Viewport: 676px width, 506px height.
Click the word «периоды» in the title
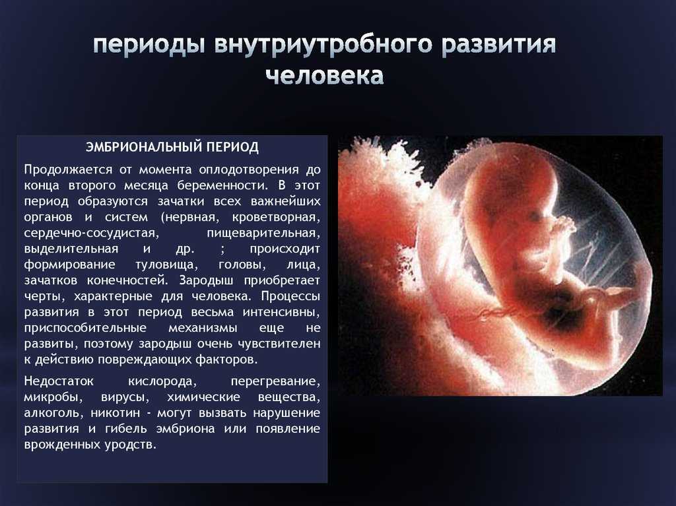149,46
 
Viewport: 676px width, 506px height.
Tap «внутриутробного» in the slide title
323,45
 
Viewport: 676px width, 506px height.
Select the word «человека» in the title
325,75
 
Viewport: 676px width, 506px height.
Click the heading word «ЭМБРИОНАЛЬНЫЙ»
144,147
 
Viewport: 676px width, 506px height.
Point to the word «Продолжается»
68,170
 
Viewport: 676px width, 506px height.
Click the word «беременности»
222,185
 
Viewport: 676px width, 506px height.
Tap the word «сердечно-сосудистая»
91,233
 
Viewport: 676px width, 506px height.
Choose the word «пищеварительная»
263,233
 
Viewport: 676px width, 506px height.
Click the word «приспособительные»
85,328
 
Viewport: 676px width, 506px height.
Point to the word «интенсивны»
281,312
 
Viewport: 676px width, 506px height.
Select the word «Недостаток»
59,381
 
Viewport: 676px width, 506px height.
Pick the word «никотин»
116,413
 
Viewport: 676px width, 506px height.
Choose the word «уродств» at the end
130,445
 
